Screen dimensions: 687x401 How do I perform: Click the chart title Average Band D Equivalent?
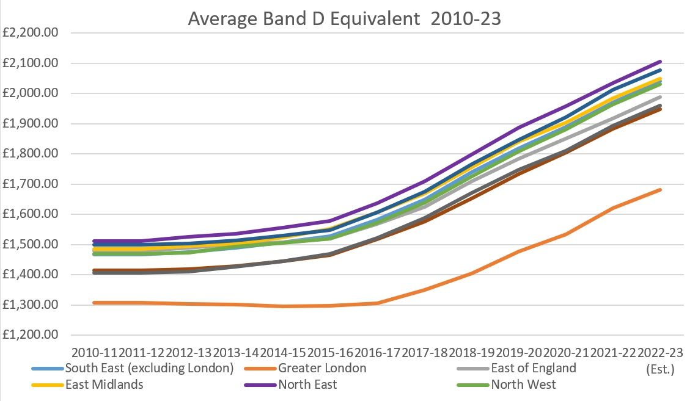(304, 19)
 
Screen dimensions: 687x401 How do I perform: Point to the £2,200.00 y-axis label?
(30, 32)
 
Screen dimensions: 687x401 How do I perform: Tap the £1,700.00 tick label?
(30, 184)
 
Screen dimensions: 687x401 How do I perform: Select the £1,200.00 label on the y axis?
(30, 334)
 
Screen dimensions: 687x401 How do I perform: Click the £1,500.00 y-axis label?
(30, 244)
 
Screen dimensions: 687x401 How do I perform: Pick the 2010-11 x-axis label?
(95, 352)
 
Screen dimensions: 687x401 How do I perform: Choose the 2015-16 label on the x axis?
(330, 352)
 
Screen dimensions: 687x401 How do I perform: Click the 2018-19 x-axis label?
(472, 352)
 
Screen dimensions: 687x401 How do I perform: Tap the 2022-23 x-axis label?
(660, 352)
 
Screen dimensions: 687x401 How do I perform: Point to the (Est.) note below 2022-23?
(660, 369)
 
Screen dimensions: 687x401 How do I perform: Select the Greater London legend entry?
(323, 368)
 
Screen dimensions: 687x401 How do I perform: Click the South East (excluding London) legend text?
(149, 368)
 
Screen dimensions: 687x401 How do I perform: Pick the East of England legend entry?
(534, 368)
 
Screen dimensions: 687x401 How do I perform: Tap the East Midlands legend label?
(105, 385)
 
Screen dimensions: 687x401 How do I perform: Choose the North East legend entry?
(307, 385)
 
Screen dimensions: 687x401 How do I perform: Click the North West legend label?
(523, 385)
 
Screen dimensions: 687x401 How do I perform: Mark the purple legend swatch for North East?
(261, 385)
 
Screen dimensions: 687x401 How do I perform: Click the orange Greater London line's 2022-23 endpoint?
(660, 190)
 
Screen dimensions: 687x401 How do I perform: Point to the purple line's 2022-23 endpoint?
(660, 62)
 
